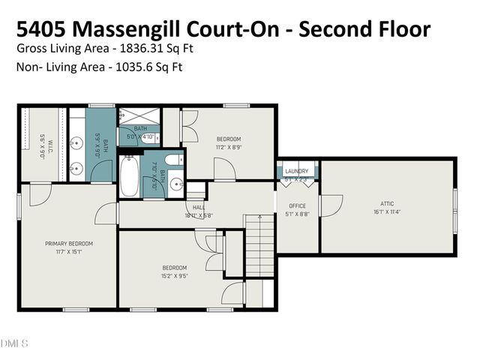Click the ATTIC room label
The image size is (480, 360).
pos(387,202)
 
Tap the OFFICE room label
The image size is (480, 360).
pos(298,206)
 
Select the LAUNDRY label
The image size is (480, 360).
pos(297,172)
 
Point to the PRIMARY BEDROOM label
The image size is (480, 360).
pos(68,244)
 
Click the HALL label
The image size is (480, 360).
pos(199,208)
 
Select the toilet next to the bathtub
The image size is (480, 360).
pos(172,160)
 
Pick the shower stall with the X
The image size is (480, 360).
pos(140,116)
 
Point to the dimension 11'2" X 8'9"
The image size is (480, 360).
pos(228,147)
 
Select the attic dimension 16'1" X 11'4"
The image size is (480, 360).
pos(387,211)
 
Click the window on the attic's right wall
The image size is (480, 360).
pos(454,209)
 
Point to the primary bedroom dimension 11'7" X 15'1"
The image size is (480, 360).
pos(68,252)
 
